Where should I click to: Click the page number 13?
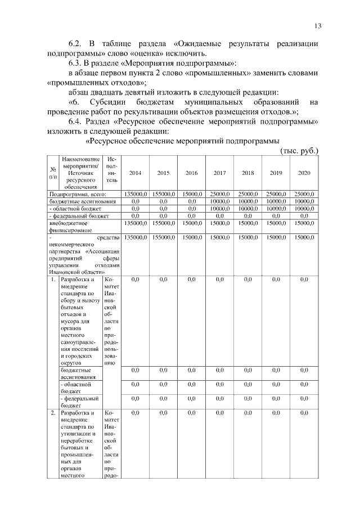pos(318,26)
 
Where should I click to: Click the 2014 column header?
pos(135,173)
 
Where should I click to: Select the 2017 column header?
pos(219,173)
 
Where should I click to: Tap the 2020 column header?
pos(304,173)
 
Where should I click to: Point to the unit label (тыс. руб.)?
pos(299,151)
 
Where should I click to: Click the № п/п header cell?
pos(53,173)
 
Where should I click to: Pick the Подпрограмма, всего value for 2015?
pos(163,194)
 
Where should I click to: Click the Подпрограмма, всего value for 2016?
pos(191,194)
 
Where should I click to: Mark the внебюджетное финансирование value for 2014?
pos(135,223)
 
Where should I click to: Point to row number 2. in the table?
pos(53,413)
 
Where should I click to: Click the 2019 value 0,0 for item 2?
pos(276,413)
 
